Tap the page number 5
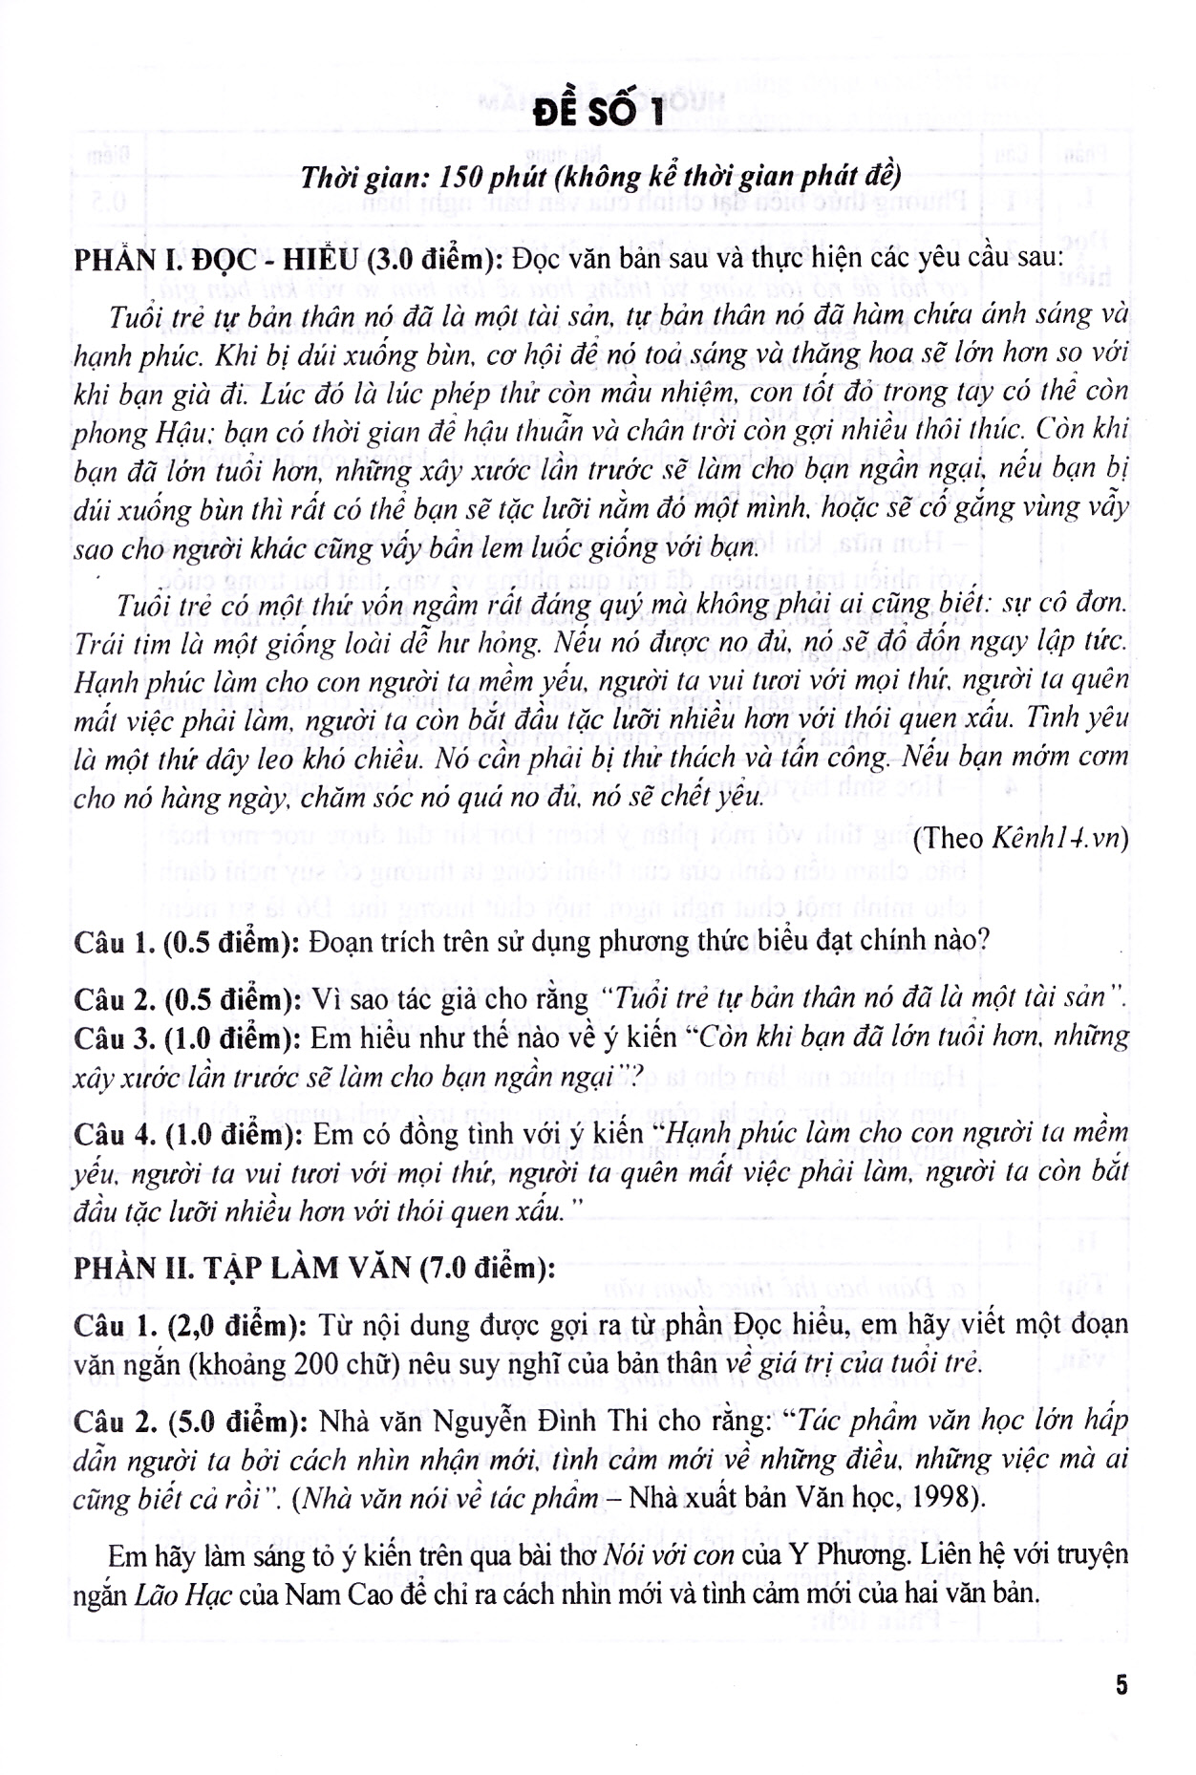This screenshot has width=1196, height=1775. click(1121, 1684)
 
